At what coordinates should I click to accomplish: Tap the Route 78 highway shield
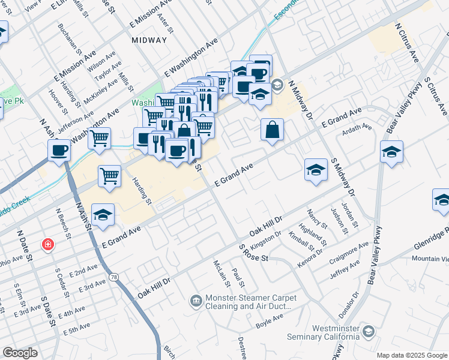113,277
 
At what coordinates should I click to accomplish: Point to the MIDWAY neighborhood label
148,40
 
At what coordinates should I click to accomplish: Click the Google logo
20,352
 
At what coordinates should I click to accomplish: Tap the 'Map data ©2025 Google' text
412,355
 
